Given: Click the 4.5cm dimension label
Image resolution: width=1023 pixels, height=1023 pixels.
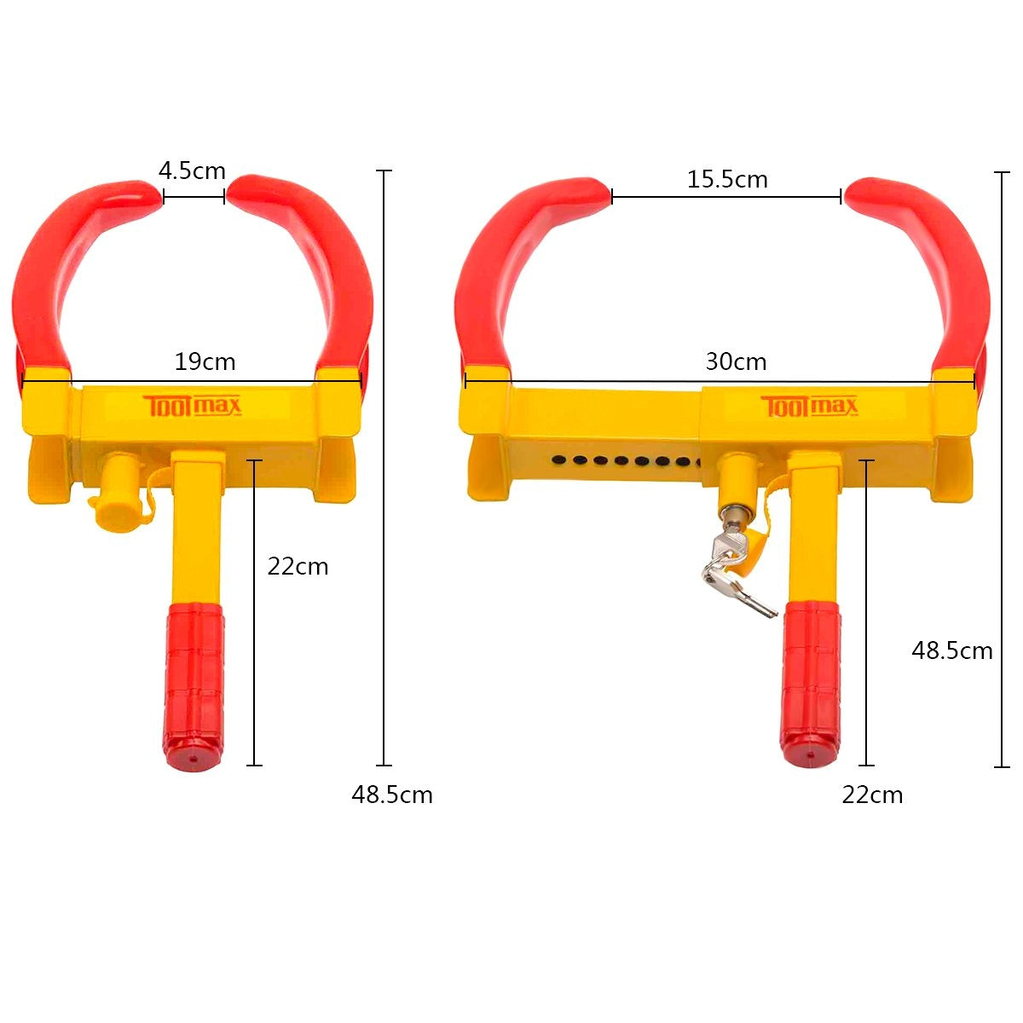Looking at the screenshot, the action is pyautogui.click(x=192, y=171).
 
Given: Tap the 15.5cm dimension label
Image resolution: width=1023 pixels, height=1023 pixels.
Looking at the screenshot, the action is pyautogui.click(x=727, y=179).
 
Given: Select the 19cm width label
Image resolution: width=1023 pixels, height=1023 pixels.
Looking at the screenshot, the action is pyautogui.click(x=205, y=361).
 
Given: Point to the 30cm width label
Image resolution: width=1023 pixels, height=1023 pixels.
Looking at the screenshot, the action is pyautogui.click(x=736, y=361).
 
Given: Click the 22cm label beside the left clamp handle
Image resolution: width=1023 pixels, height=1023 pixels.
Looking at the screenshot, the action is pyautogui.click(x=298, y=566).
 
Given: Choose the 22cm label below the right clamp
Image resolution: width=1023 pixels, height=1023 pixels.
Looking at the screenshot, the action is pyautogui.click(x=872, y=795).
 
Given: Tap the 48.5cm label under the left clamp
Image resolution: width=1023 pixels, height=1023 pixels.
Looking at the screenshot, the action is pyautogui.click(x=392, y=795).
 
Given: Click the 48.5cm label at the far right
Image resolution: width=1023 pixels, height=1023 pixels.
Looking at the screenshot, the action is pyautogui.click(x=952, y=650).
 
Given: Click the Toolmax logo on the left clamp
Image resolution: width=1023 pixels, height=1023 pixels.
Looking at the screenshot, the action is pyautogui.click(x=192, y=406).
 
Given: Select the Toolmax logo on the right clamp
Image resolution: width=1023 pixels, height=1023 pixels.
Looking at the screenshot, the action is pyautogui.click(x=809, y=407).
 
